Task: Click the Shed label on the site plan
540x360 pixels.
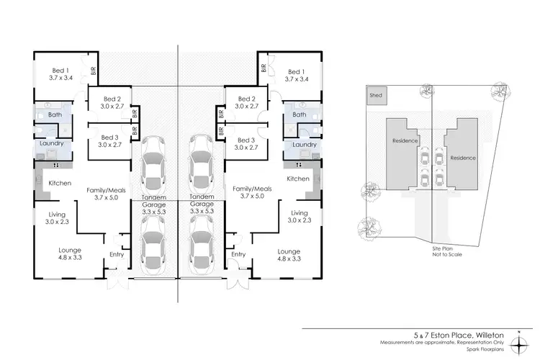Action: pyautogui.click(x=375, y=95)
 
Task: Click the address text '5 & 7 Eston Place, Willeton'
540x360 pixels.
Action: pyautogui.click(x=463, y=334)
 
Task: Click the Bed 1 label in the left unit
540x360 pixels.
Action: pyautogui.click(x=61, y=73)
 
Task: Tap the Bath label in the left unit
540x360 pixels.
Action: pyautogui.click(x=55, y=115)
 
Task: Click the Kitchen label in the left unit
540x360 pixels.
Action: pyautogui.click(x=60, y=184)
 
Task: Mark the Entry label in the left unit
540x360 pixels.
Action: pyautogui.click(x=117, y=254)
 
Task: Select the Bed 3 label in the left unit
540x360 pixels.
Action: pyautogui.click(x=109, y=141)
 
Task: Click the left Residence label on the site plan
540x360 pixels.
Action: pyautogui.click(x=404, y=141)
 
